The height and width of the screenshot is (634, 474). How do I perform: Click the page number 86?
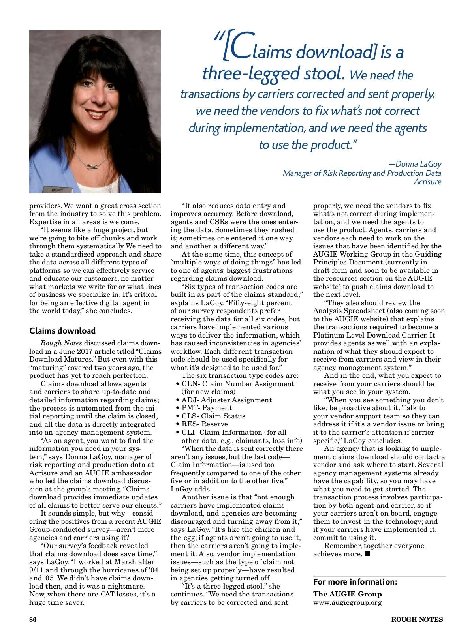[33, 619]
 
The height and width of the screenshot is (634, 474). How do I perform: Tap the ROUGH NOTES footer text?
[417, 619]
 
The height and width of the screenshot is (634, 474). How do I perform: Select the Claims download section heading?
[62, 331]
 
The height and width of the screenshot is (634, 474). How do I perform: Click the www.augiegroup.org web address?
[347, 602]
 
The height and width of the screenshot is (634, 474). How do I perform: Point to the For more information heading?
[355, 582]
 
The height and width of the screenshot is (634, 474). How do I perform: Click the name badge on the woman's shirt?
[57, 189]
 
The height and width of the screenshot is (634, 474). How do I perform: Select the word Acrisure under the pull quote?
[427, 182]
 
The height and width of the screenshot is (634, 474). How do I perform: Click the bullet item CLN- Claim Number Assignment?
[237, 384]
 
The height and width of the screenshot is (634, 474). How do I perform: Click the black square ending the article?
[367, 554]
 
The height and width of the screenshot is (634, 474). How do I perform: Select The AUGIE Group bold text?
[347, 594]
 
